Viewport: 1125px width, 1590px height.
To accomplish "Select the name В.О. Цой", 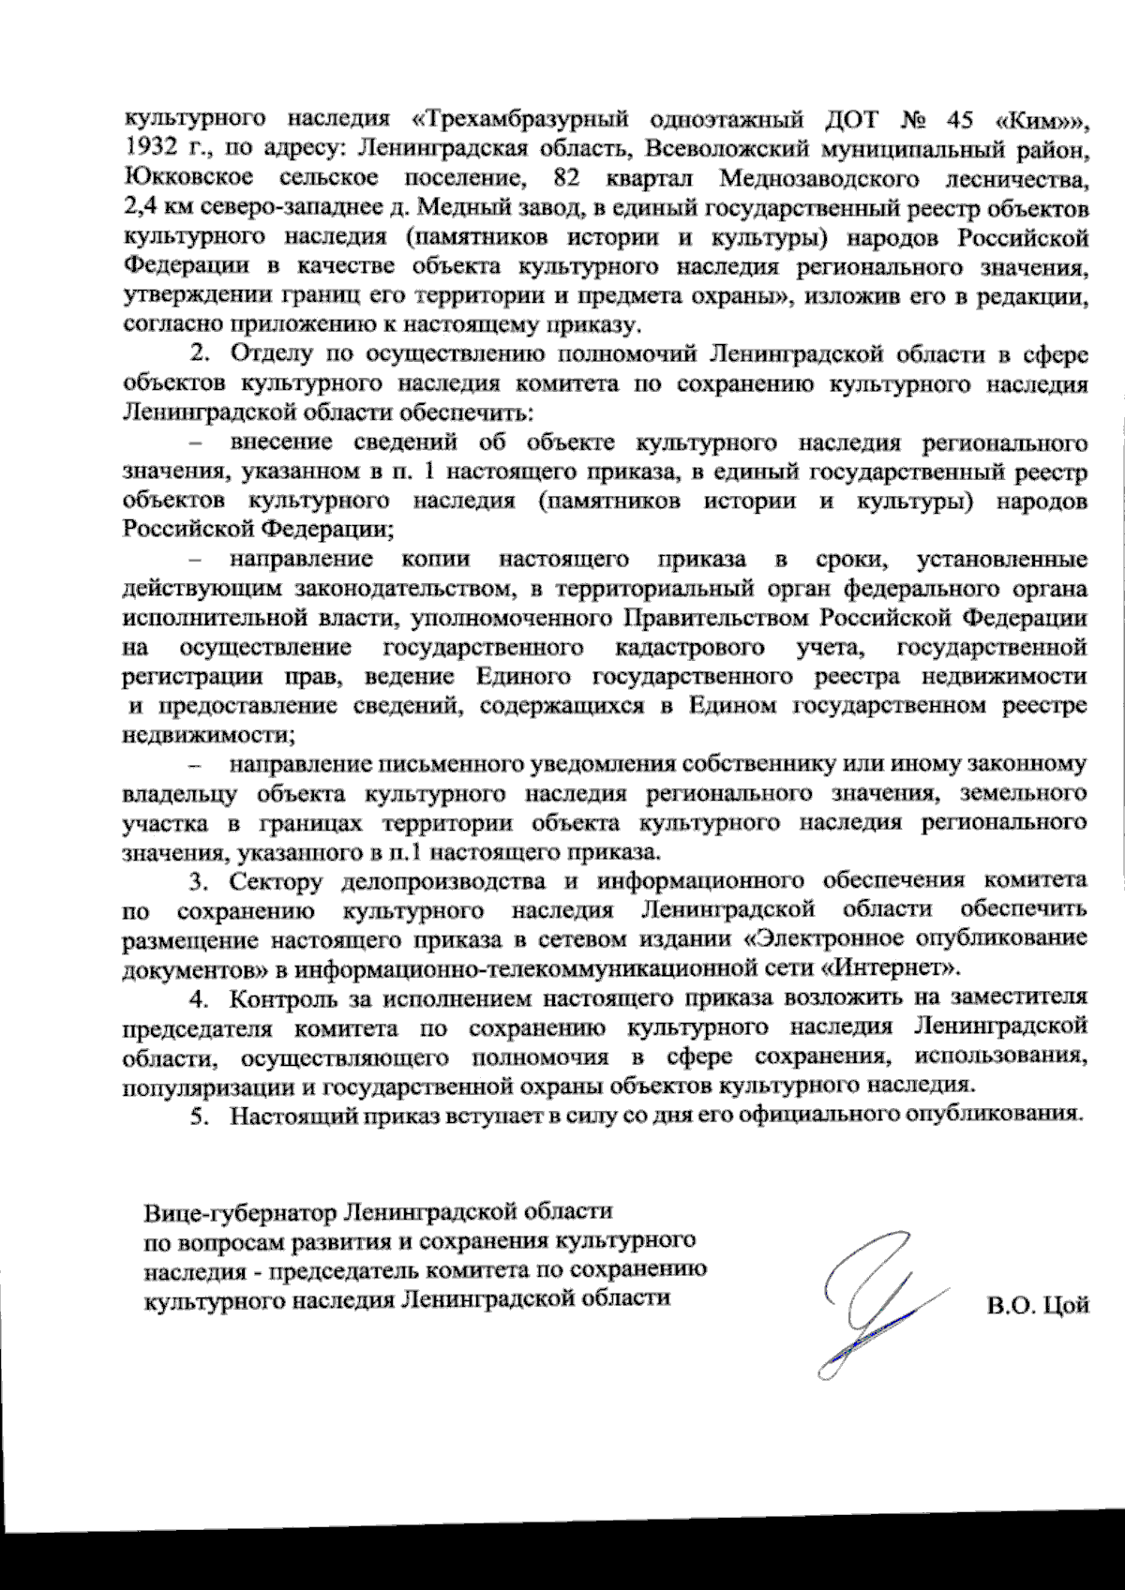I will pyautogui.click(x=1037, y=1306).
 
